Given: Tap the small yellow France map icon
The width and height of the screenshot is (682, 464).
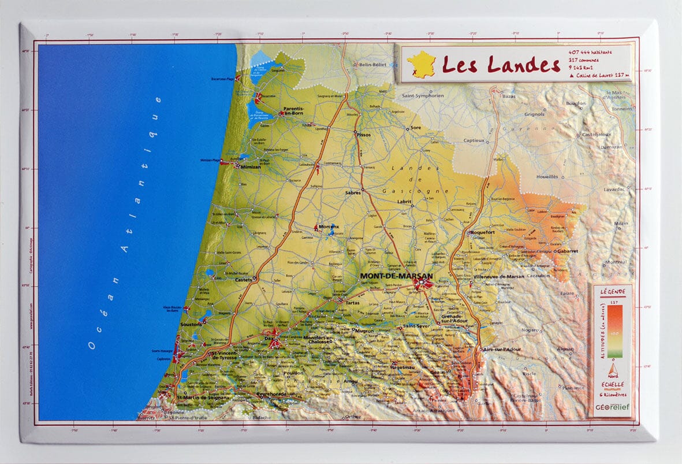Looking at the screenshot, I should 423,64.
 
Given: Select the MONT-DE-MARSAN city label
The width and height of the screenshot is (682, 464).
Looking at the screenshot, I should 396,276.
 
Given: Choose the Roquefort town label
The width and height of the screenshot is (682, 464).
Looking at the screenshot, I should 483,232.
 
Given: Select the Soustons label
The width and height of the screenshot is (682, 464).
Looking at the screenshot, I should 191,324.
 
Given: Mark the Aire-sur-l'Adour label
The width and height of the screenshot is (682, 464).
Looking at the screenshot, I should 501,350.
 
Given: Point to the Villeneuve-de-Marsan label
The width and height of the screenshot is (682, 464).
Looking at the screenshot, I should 498,277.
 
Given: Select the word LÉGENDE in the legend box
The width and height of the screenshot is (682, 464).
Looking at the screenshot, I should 612,292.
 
